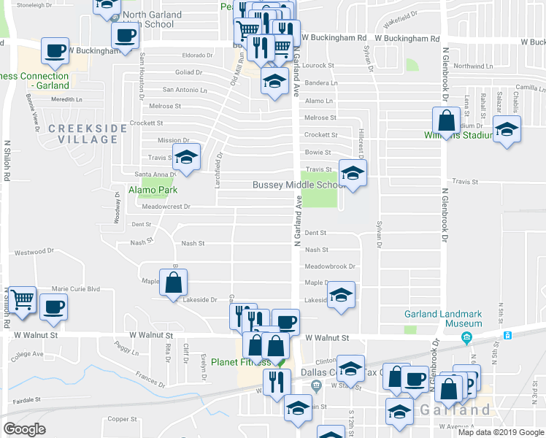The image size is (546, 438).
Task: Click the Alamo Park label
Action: coord(153,190)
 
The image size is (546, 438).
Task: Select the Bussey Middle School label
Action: coord(299,185)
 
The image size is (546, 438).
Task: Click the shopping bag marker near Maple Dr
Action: coord(174,283)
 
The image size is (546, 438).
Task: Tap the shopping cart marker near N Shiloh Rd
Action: coord(23,299)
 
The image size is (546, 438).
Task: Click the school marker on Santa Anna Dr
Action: coord(186,158)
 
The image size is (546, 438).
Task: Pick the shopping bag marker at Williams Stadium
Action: coord(445,120)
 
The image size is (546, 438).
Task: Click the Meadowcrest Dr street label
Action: coord(166,207)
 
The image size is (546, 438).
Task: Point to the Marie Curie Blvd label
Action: coord(75,288)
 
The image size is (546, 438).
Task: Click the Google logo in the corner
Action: coord(24,429)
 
